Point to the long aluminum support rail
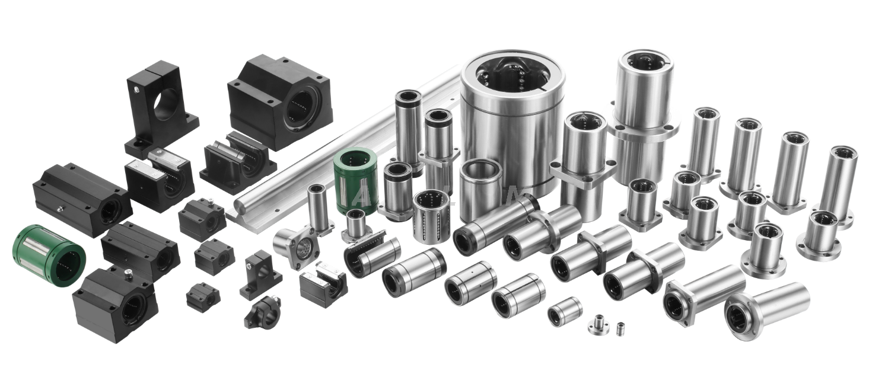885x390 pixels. [x=332, y=148]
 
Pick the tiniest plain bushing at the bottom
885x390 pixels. [x=620, y=328]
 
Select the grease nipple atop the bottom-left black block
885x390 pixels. [x=126, y=273]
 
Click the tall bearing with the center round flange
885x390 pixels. [x=645, y=119]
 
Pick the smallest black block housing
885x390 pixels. [x=203, y=296]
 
